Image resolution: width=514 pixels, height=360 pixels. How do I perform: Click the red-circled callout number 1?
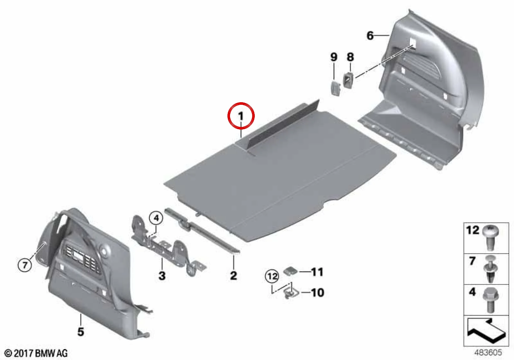[x=241, y=116]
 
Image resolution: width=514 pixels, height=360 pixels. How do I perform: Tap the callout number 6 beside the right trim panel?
[x=370, y=36]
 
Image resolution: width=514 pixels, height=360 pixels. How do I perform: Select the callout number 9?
[x=334, y=57]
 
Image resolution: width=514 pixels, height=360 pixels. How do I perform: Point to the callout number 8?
[x=350, y=57]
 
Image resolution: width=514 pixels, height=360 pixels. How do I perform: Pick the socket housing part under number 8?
[x=348, y=80]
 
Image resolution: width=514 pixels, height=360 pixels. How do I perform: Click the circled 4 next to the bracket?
[x=156, y=218]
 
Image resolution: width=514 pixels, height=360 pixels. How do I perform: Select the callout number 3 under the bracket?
[x=162, y=275]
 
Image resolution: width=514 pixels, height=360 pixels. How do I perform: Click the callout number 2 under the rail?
[x=233, y=275]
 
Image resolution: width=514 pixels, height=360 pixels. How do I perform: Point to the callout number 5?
[x=81, y=331]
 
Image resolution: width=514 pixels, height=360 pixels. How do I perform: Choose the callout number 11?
[x=317, y=272]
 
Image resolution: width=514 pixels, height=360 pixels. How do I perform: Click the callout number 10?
[x=318, y=292]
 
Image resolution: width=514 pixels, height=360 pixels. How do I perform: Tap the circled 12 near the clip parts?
[x=272, y=276]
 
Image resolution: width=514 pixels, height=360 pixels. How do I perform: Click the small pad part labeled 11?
[x=290, y=271]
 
